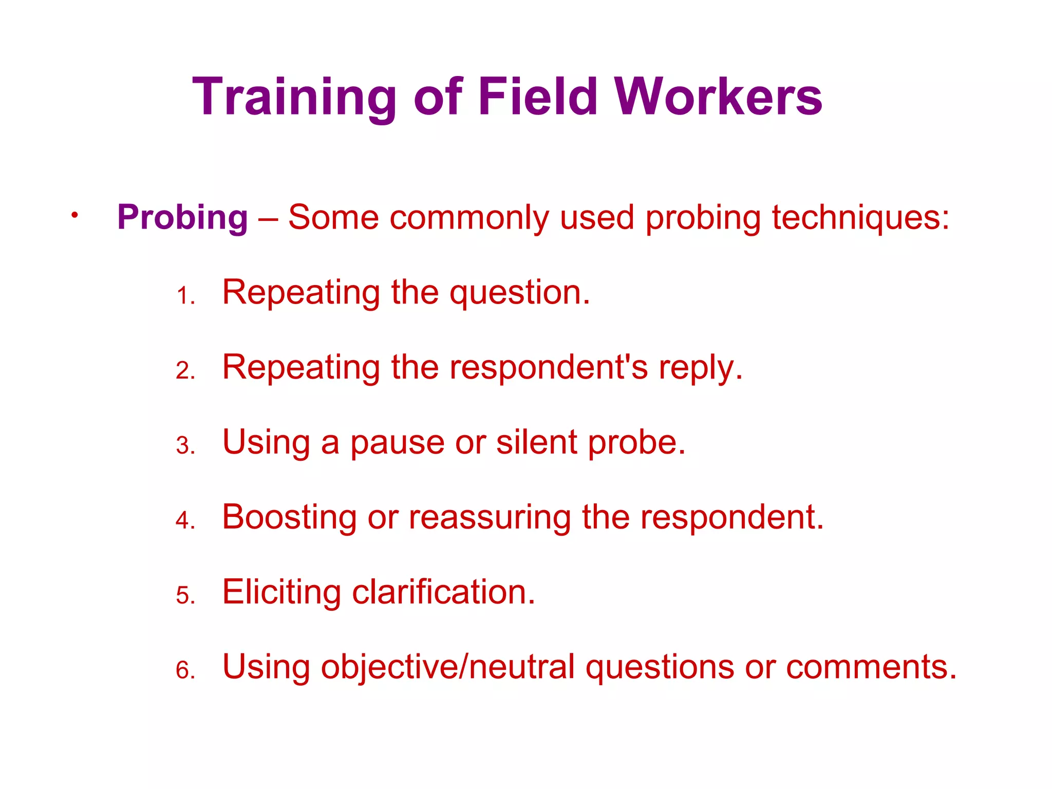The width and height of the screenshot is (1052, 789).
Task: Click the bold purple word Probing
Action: (182, 217)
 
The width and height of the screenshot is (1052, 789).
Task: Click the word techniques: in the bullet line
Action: (860, 217)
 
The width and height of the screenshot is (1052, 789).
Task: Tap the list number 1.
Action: (184, 296)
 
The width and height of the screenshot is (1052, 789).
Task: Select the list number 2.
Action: (184, 371)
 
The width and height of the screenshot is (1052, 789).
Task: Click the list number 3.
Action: (184, 446)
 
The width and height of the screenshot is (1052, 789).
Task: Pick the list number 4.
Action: (184, 520)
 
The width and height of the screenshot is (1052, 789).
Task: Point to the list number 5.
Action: (184, 595)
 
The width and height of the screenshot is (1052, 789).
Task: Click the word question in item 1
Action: (519, 293)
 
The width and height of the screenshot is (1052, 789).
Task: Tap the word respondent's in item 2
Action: (549, 368)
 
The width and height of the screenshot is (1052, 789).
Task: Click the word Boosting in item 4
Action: (289, 517)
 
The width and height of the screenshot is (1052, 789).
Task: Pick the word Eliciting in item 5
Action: (281, 592)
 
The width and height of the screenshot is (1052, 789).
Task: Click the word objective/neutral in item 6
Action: (447, 667)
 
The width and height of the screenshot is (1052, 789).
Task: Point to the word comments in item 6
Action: (871, 667)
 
